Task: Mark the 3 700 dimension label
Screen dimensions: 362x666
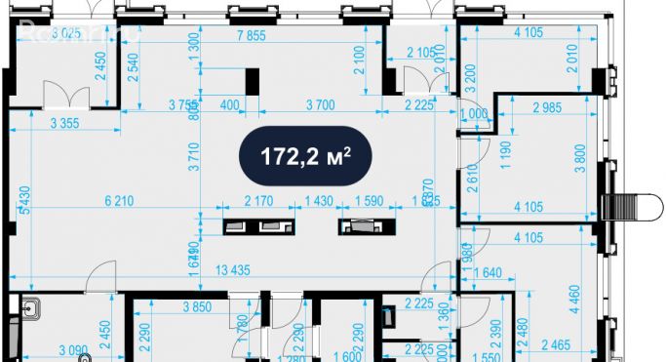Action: [323, 104]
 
